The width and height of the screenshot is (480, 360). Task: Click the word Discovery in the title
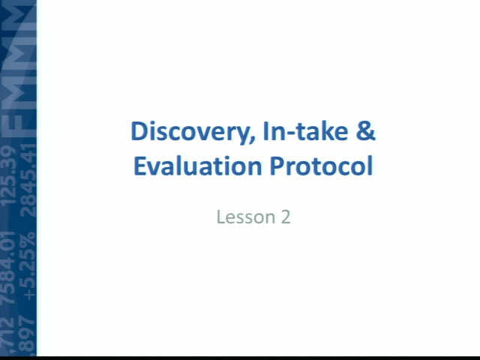(x=193, y=132)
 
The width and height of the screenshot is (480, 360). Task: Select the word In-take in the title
(x=305, y=131)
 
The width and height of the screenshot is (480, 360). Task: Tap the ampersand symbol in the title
(x=366, y=131)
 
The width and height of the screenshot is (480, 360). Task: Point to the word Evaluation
(x=198, y=166)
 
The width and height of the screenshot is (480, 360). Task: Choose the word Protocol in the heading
(x=322, y=166)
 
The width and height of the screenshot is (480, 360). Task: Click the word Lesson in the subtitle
(x=246, y=217)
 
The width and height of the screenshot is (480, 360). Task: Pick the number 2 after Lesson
(x=285, y=217)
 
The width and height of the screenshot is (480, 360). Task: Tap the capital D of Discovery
(x=139, y=131)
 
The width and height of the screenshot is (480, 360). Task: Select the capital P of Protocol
(x=277, y=166)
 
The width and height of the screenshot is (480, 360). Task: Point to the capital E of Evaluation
(x=140, y=166)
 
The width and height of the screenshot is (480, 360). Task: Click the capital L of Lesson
(x=221, y=217)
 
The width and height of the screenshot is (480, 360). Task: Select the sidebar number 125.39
(x=8, y=175)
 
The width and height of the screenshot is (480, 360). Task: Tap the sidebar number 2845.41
(x=28, y=180)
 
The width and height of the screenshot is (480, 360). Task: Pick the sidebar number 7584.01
(x=8, y=268)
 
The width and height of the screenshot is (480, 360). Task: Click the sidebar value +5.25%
(x=28, y=266)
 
